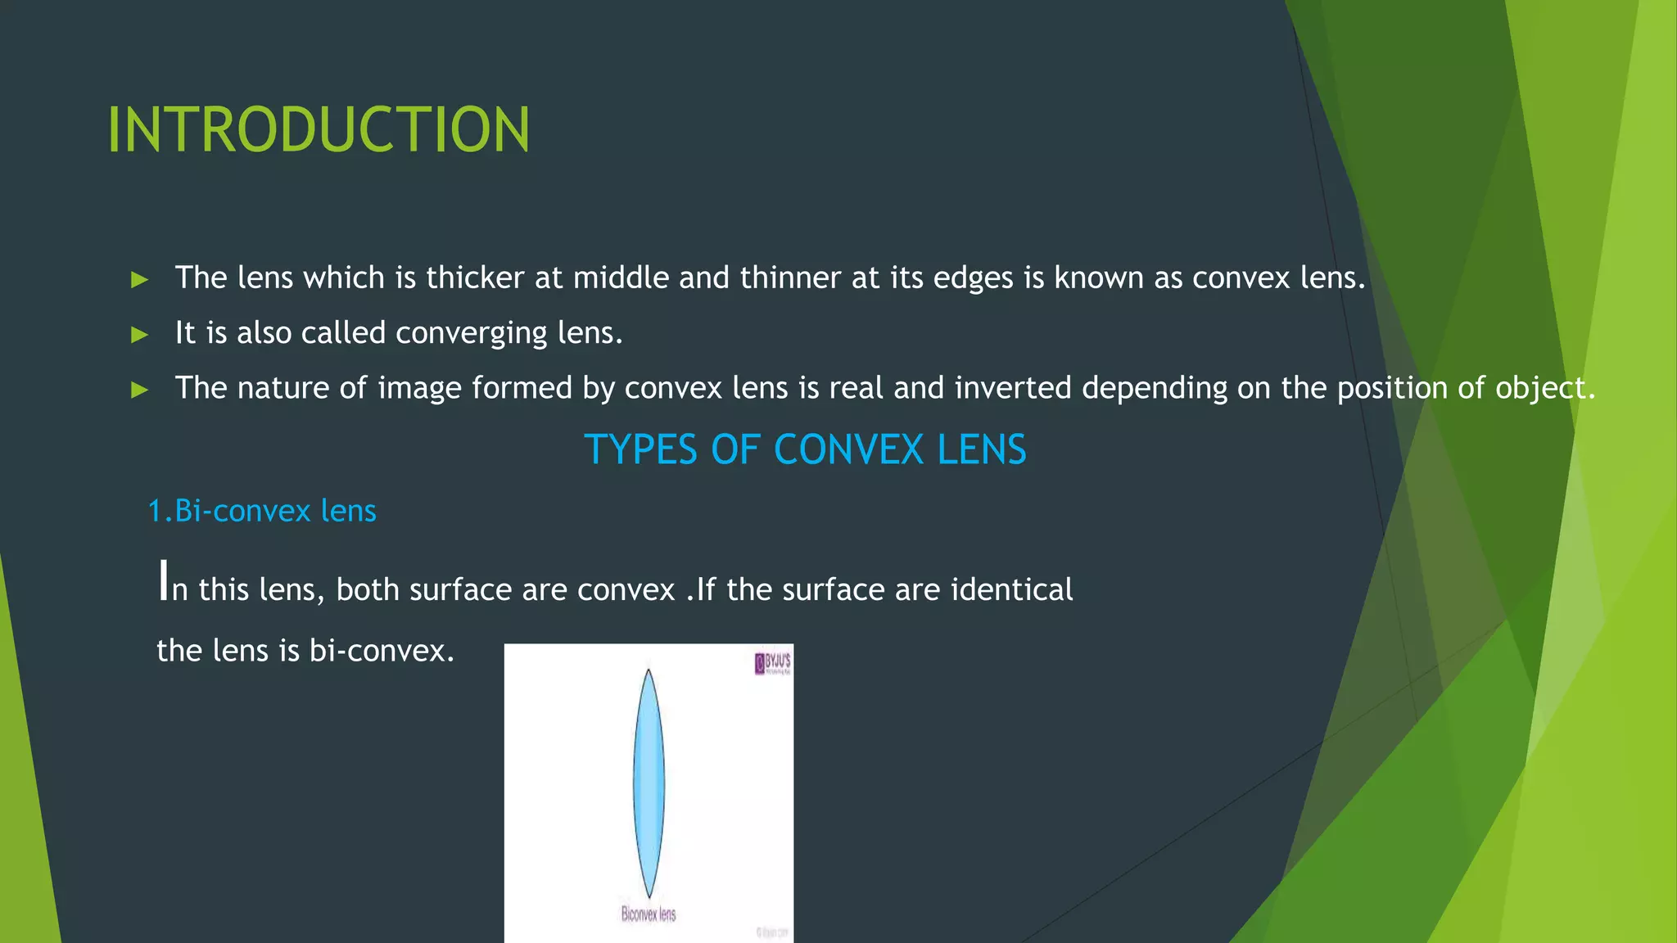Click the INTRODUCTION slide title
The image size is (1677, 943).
[x=319, y=130]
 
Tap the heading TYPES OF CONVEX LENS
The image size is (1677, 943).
[x=805, y=449]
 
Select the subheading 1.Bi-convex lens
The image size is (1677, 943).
[x=262, y=511]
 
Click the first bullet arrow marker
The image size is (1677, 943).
[x=140, y=280]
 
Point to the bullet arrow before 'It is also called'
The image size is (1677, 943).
[x=140, y=335]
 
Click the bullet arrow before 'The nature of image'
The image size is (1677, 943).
[x=140, y=390]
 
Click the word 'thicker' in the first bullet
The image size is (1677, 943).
[x=475, y=278]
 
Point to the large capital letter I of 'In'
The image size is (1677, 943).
[x=163, y=580]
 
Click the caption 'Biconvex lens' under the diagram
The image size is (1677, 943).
[x=649, y=914]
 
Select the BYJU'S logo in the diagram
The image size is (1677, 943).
[x=772, y=662]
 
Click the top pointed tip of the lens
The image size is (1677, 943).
[x=649, y=672]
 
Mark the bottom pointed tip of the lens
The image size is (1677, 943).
[x=649, y=897]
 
